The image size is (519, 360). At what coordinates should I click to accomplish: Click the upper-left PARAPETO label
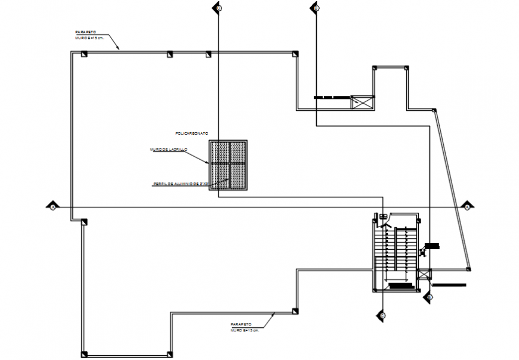[86, 34]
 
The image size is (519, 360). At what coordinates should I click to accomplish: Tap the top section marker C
[219, 8]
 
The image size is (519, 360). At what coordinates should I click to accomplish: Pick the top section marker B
[315, 8]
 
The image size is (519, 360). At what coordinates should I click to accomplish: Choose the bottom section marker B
[428, 296]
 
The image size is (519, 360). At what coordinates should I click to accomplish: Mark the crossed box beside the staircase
[424, 275]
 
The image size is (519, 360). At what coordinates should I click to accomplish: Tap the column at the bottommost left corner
[85, 351]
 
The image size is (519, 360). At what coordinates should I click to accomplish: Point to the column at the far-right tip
[469, 268]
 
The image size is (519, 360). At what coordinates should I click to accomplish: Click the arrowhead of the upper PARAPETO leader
[119, 49]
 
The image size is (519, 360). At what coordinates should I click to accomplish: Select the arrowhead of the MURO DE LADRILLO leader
[206, 162]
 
